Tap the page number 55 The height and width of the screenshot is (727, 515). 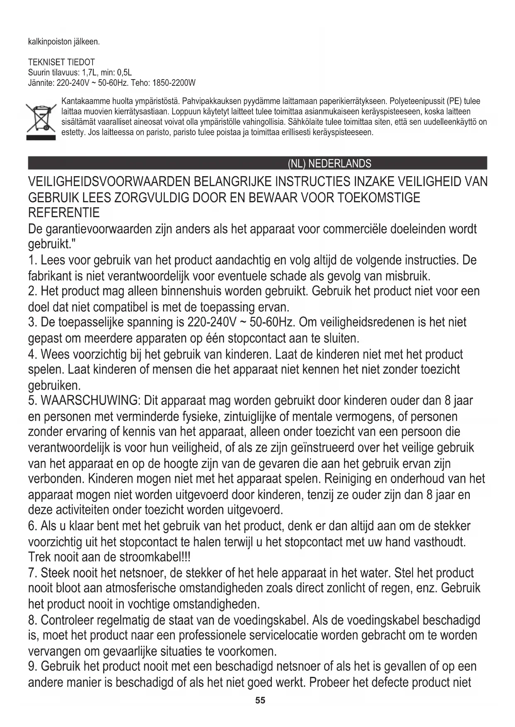(x=260, y=700)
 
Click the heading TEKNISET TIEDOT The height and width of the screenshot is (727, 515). (x=61, y=63)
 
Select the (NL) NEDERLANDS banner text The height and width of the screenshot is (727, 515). (x=330, y=164)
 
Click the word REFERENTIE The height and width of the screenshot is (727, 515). (x=64, y=213)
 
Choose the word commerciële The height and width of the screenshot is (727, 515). (x=347, y=229)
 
